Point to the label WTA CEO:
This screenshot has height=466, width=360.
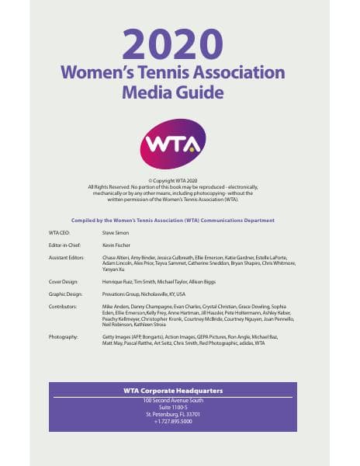(61, 231)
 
